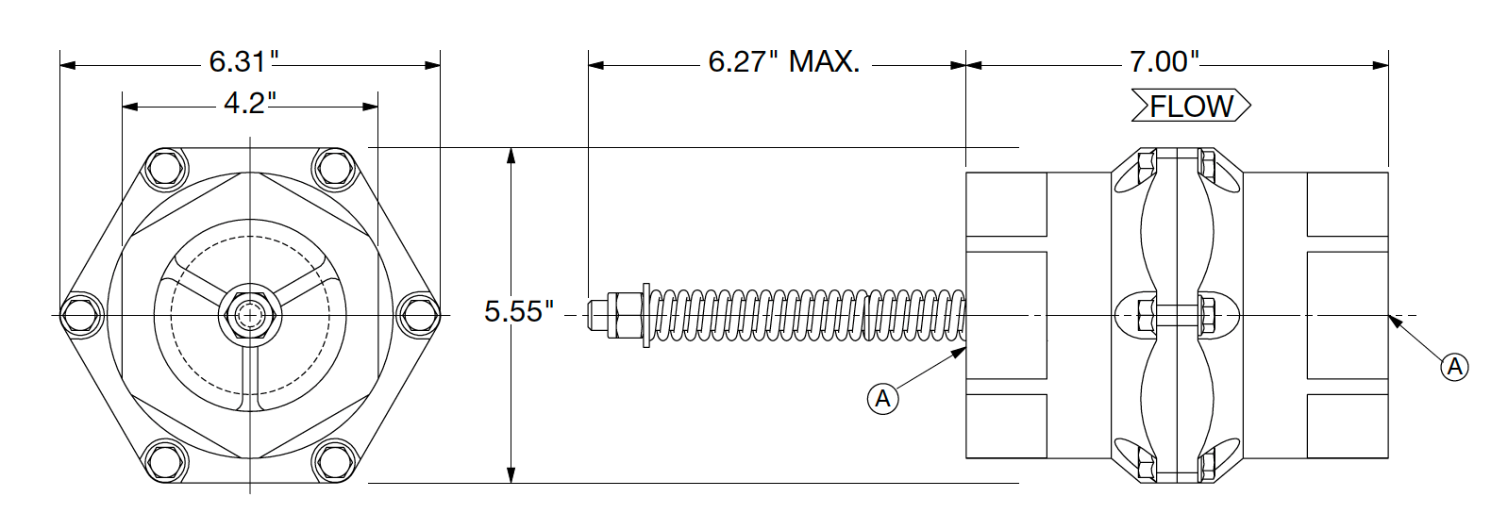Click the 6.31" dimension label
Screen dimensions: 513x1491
coord(244,63)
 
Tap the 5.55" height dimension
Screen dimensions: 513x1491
coord(519,311)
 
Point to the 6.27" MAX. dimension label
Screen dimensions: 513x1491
coord(783,63)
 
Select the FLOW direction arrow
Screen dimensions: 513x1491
coord(1192,107)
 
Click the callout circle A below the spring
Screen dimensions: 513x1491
coord(882,399)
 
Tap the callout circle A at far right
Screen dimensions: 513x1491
coord(1454,366)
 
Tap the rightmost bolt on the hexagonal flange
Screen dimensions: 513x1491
coord(419,314)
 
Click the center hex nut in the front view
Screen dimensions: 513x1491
coord(249,314)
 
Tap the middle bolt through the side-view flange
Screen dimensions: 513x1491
coord(1178,313)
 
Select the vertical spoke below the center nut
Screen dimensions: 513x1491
coord(249,377)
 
